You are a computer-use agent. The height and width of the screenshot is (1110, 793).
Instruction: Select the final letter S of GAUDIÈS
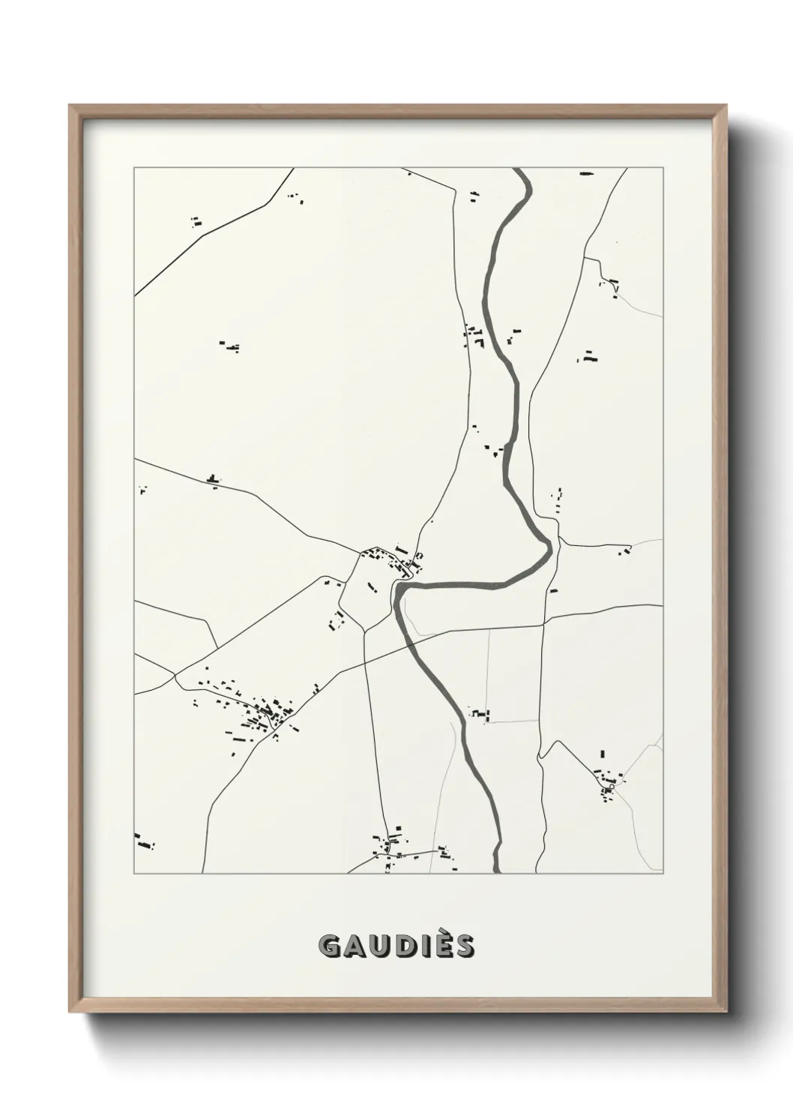pyautogui.click(x=464, y=946)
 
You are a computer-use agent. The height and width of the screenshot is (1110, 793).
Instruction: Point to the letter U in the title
pyautogui.click(x=380, y=946)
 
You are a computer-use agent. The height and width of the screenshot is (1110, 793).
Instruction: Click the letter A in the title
pyautogui.click(x=355, y=946)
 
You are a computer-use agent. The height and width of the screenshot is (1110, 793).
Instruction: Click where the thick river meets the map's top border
pyautogui.click(x=521, y=169)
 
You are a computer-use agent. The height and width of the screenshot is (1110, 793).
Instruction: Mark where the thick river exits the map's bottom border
pyautogui.click(x=497, y=872)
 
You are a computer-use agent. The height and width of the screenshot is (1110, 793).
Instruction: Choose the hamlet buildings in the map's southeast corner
pyautogui.click(x=607, y=780)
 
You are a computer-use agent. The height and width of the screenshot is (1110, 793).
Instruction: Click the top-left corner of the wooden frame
pyautogui.click(x=70, y=106)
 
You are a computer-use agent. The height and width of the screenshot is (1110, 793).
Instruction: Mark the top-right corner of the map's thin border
pyautogui.click(x=664, y=168)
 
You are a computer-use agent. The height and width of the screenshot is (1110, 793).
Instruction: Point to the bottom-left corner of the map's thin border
pyautogui.click(x=134, y=874)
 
